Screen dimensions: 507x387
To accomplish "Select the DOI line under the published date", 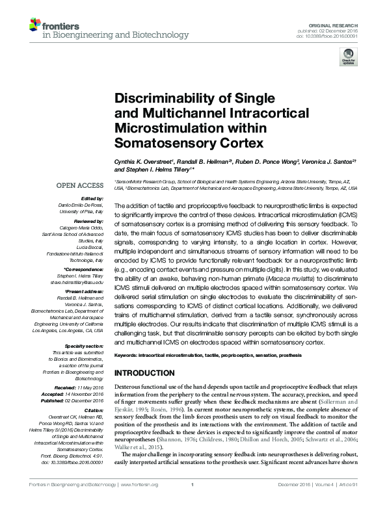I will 332,36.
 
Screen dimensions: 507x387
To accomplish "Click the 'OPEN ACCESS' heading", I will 81,185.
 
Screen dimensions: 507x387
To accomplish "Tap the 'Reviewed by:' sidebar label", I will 90,221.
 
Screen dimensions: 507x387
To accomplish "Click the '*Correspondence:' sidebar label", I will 85,269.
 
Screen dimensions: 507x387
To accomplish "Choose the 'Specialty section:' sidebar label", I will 85,346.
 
